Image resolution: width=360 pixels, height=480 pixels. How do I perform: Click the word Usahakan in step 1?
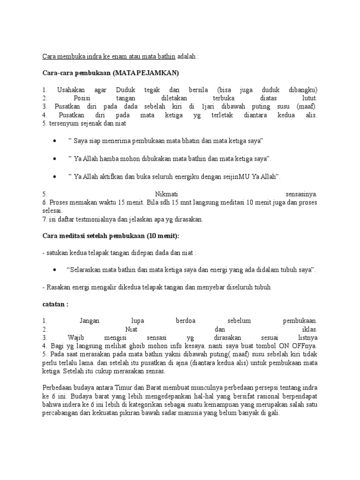(70, 90)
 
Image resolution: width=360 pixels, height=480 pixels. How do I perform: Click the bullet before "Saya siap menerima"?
(55, 141)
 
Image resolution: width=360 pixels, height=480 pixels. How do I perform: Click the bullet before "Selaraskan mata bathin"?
(55, 270)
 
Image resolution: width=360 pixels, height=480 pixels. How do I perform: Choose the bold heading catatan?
(55, 304)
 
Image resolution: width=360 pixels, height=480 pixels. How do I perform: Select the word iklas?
(310, 330)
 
